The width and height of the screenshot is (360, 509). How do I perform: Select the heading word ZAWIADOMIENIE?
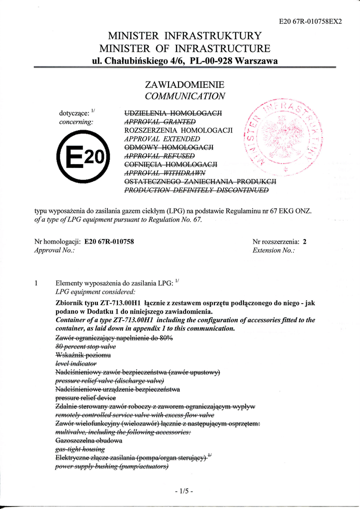pos(184,85)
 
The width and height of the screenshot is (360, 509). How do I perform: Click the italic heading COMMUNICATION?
pos(184,96)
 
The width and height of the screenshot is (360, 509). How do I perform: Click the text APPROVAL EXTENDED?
pos(162,139)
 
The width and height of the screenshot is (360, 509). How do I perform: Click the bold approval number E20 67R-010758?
pos(109,242)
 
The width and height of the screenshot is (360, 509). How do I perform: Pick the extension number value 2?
pos(305,242)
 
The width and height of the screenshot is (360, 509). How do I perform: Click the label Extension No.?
pos(273,251)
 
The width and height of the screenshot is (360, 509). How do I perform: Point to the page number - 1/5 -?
pos(184,491)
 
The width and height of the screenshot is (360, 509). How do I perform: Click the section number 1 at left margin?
pos(36,283)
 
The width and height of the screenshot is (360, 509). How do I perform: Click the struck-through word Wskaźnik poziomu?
pos(83,355)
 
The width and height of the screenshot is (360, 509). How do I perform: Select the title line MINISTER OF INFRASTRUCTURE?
pos(184,49)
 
